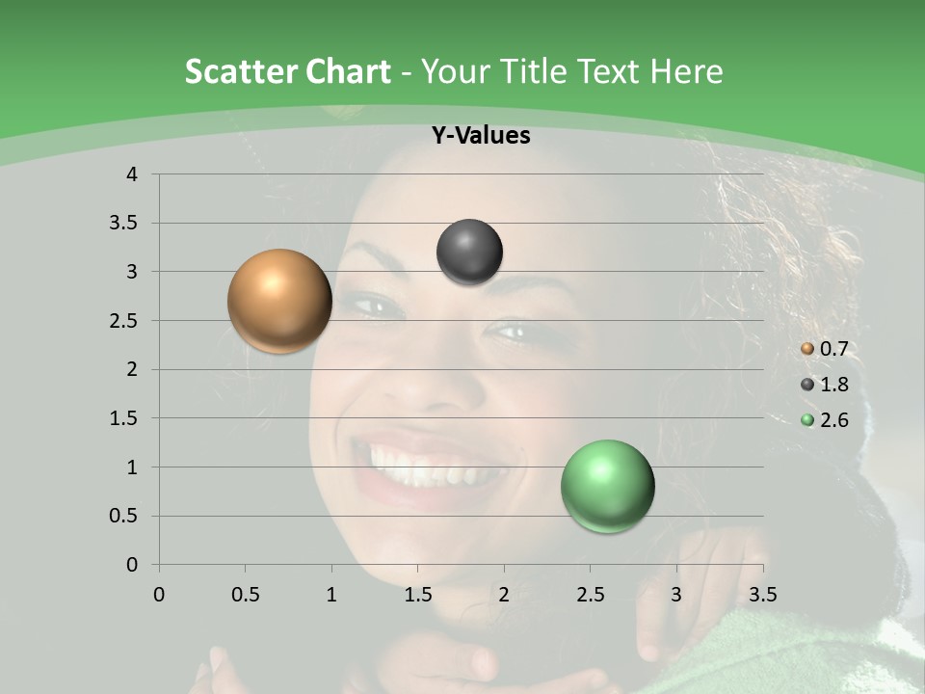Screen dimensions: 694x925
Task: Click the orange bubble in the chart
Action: (279, 301)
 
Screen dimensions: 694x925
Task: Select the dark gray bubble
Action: (469, 253)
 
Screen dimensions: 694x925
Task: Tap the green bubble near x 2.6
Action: (607, 486)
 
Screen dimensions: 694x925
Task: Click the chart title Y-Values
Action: (480, 136)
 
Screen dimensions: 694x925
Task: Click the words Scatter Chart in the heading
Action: (287, 71)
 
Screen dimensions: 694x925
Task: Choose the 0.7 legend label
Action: (833, 349)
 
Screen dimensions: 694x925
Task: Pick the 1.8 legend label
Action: (833, 385)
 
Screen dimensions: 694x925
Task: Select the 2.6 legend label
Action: (833, 419)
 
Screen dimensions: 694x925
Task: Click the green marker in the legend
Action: (807, 419)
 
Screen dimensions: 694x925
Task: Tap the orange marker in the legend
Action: (807, 349)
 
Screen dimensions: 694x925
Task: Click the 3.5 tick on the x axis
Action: (763, 594)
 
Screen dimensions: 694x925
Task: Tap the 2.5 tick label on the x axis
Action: (590, 594)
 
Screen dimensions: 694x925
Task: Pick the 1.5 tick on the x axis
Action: (417, 594)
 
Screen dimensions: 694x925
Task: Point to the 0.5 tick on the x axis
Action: (245, 594)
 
